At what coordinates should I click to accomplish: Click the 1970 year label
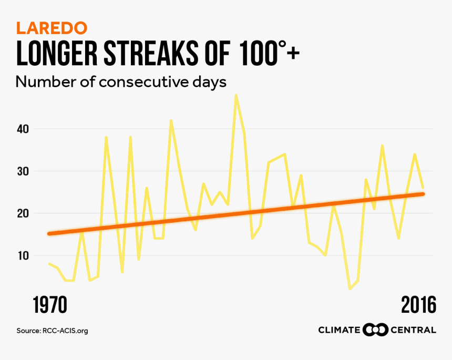coord(51,305)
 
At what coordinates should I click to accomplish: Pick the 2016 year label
coord(418,305)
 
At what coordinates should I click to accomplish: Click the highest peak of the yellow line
coord(236,95)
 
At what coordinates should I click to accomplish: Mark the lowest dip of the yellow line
coord(350,289)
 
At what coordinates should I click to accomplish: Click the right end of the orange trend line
coord(423,194)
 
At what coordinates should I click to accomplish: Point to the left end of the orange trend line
coord(49,233)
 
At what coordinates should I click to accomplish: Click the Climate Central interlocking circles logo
coord(375,330)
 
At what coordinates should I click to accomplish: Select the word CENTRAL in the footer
coord(413,330)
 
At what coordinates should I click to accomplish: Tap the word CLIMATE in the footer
coord(339,330)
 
